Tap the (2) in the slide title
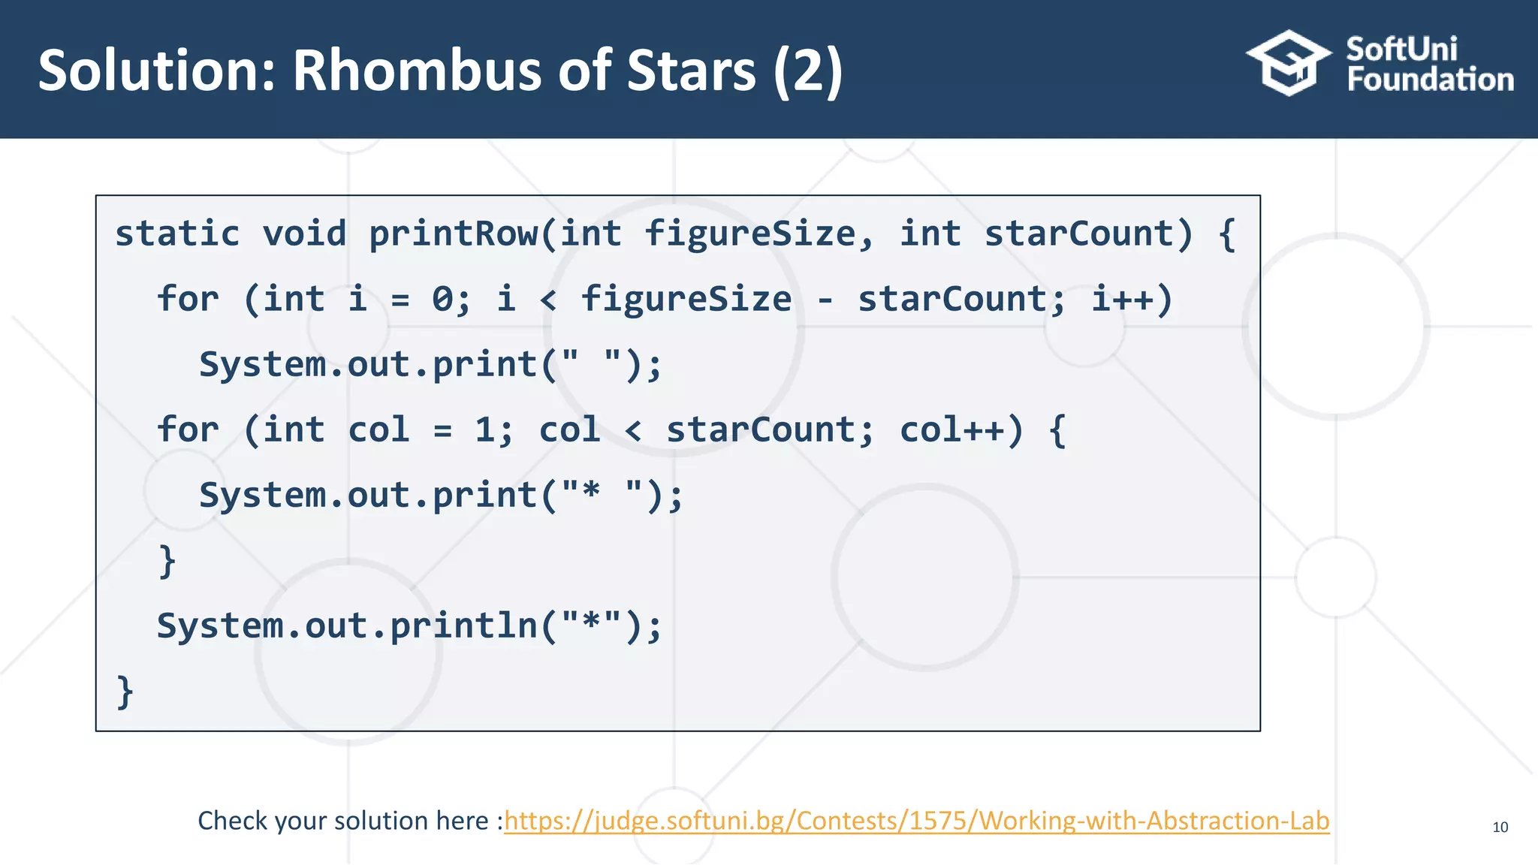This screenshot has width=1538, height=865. [808, 71]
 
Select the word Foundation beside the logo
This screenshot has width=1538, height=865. [1430, 80]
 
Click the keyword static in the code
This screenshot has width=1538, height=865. [177, 234]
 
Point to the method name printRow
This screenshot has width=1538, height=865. [453, 234]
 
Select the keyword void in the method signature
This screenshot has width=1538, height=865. [304, 234]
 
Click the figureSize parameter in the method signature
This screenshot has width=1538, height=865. [749, 234]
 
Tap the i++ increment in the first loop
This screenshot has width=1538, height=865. [1123, 299]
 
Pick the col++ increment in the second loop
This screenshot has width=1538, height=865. [951, 429]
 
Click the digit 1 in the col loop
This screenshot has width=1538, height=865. [485, 429]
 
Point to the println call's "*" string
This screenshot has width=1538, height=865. [591, 625]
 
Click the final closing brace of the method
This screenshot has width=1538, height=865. [125, 691]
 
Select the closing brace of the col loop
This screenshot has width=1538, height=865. [167, 560]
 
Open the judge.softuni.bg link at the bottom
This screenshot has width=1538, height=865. [916, 821]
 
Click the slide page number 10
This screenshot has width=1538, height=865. [1500, 827]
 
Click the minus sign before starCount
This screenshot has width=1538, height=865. [825, 300]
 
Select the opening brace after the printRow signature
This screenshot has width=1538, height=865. [1227, 234]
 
